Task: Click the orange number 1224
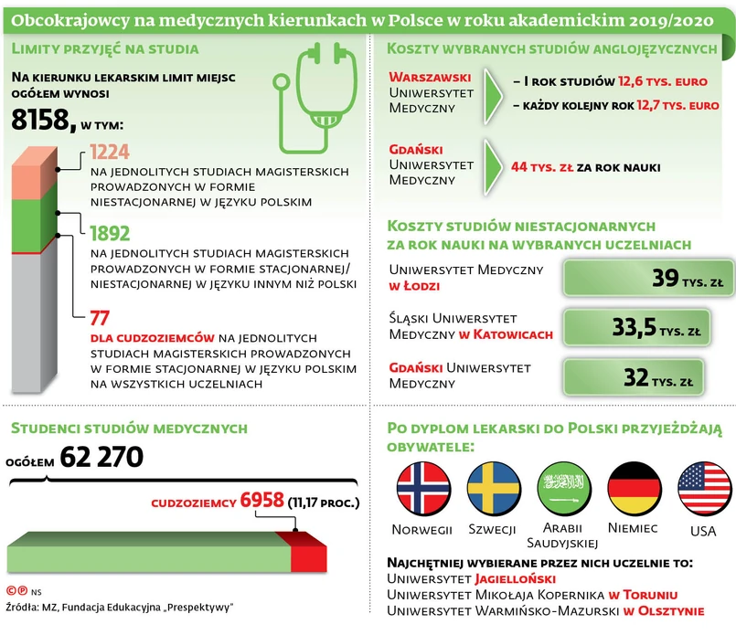tap(110, 152)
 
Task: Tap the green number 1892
tap(111, 232)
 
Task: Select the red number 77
tap(100, 318)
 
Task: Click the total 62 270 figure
tap(101, 457)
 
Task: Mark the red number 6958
tap(262, 501)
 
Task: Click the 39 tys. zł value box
tap(649, 279)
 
